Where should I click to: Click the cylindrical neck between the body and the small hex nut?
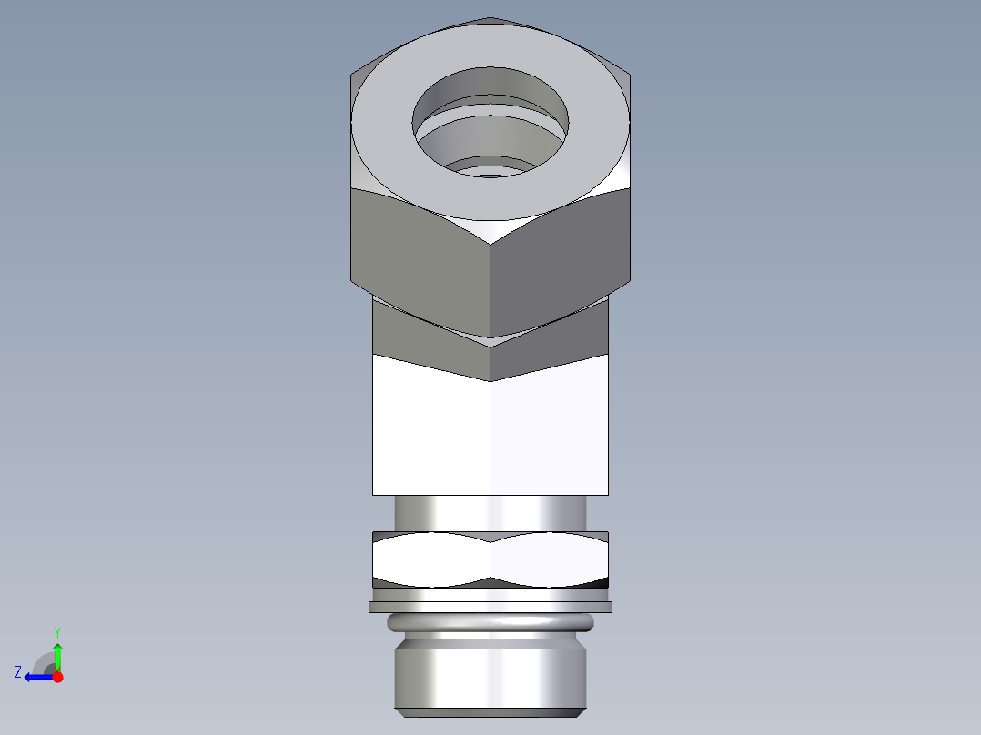click(490, 512)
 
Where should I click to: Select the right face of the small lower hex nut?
click(550, 559)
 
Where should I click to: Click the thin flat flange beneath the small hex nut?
click(490, 606)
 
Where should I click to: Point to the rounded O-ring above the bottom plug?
click(490, 623)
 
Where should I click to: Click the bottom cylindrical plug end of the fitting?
click(490, 678)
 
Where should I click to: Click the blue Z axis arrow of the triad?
click(36, 677)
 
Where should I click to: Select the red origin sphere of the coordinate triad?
click(57, 677)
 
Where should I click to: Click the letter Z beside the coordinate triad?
click(18, 672)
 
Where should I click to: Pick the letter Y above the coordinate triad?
click(56, 631)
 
